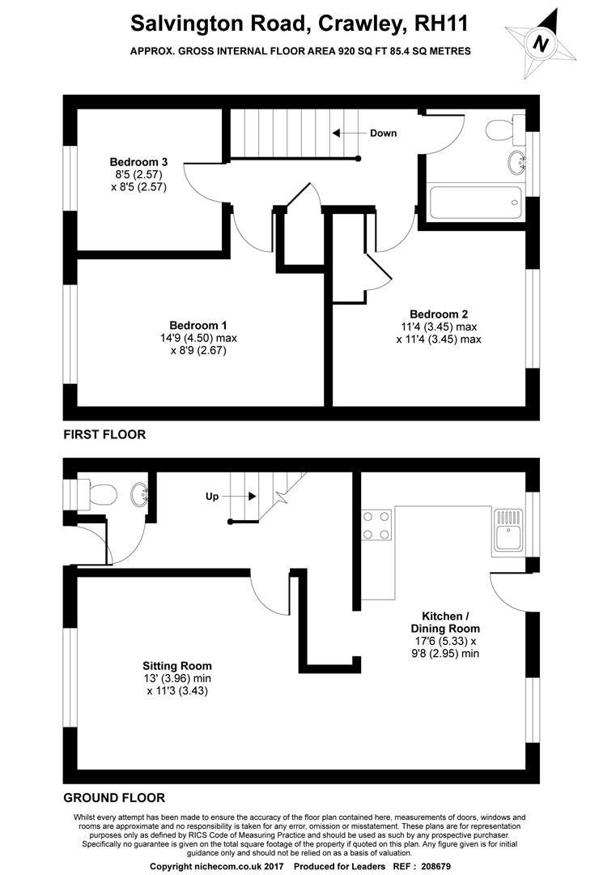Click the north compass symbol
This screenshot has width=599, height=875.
(x=540, y=43)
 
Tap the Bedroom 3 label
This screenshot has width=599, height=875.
(x=138, y=162)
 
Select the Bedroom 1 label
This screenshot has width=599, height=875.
(x=198, y=326)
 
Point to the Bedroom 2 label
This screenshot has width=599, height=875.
(x=439, y=314)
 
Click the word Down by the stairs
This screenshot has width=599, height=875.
(x=383, y=133)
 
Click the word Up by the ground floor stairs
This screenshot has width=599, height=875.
(x=212, y=496)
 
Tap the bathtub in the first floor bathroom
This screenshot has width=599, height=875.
(x=476, y=203)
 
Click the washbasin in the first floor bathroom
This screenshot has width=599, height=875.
(x=517, y=161)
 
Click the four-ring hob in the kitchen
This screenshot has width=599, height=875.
(x=376, y=525)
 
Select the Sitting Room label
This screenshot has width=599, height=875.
(x=176, y=665)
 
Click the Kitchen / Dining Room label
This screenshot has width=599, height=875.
(x=445, y=622)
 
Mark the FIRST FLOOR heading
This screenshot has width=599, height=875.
(x=104, y=434)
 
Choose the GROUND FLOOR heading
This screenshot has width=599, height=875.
(x=114, y=797)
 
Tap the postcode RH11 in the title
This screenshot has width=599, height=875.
(x=440, y=23)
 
